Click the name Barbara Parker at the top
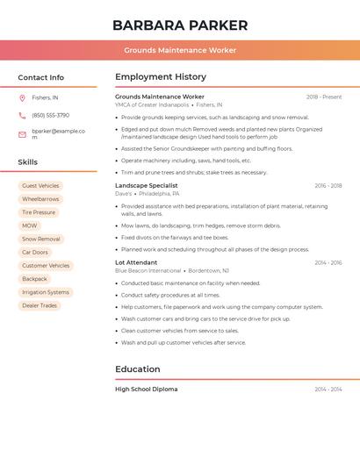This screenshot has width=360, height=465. coord(180,25)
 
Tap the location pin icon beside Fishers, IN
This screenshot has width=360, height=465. coord(22,98)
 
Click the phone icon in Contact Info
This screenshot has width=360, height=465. coord(22,115)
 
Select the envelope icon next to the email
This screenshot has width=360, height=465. coord(22,134)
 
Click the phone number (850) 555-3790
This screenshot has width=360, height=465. coord(50,115)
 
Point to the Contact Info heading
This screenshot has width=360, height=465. coord(41,77)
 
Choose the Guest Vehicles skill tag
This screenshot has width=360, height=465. coord(40,186)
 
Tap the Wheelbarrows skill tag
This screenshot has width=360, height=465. coord(40,199)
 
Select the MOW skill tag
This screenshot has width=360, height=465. coord(30,225)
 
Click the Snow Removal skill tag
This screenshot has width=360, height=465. coord(41,239)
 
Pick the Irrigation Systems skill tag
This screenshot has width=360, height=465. coord(46,292)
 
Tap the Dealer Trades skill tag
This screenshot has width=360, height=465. coord(40,305)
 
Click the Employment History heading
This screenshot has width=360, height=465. coord(161,77)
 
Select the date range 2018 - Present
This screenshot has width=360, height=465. coord(324,97)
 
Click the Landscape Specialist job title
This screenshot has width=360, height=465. coord(147,186)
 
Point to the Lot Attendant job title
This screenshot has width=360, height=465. coord(136,262)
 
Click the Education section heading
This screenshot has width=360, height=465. coord(138,369)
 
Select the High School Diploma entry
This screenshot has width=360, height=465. coord(147,389)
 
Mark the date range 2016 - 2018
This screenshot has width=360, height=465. coord(328,186)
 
